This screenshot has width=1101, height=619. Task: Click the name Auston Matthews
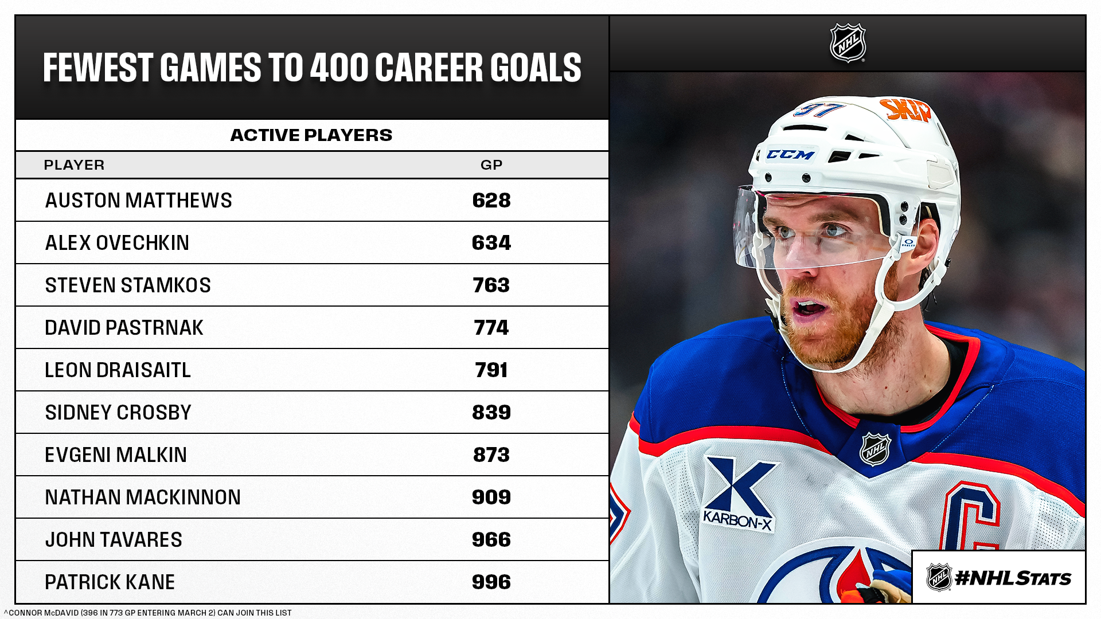[138, 201]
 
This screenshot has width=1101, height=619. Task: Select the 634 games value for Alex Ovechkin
[491, 243]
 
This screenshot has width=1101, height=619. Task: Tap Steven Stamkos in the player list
[128, 285]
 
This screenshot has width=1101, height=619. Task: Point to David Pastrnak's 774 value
[491, 328]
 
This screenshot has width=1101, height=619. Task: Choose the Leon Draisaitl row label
[118, 370]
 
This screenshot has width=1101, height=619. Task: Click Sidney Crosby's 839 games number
[491, 413]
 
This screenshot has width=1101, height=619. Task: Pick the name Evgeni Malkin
[116, 455]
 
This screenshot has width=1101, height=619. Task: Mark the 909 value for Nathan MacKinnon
[491, 497]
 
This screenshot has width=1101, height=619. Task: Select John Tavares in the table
[114, 540]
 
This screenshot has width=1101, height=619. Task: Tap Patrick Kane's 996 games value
[491, 582]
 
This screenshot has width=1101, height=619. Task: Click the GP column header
[491, 165]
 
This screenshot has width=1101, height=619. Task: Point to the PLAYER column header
[74, 165]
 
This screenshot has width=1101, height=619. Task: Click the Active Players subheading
[311, 135]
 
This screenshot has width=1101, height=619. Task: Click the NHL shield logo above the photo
[848, 43]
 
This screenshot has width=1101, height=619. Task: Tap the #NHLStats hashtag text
[1013, 578]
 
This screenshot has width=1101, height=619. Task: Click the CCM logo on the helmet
[790, 155]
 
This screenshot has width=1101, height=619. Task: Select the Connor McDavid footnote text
[148, 613]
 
